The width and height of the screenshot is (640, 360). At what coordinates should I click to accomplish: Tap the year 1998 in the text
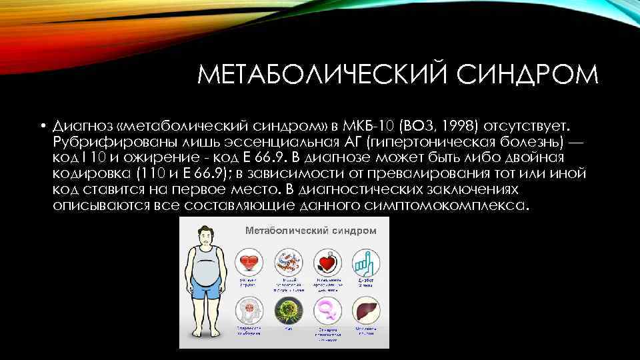[x=453, y=127]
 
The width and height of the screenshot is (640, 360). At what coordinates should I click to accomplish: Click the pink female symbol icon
[x=327, y=311]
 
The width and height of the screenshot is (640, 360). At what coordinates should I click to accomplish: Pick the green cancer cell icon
[x=289, y=311]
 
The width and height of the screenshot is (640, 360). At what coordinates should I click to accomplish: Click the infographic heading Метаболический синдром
[x=311, y=231]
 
